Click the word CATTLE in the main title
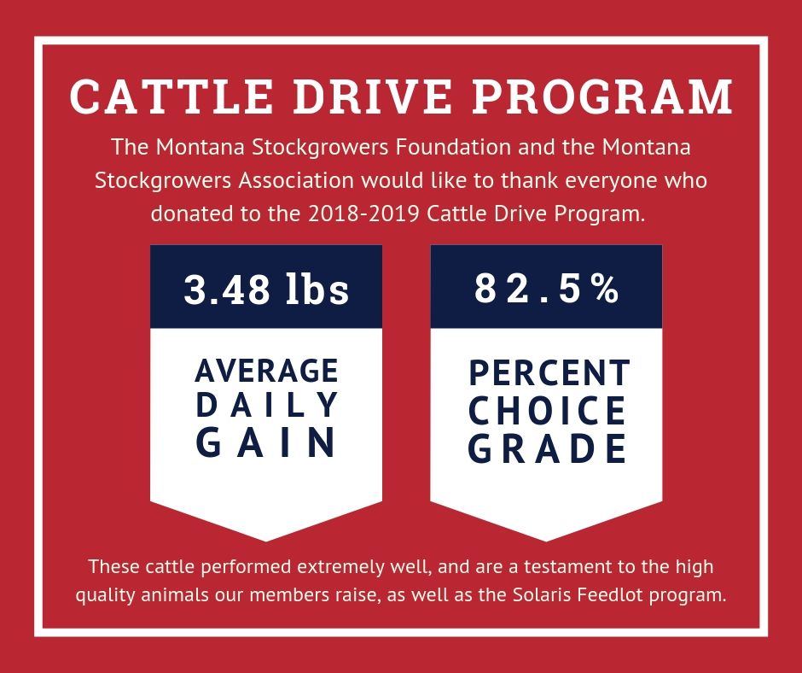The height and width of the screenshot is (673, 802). (x=171, y=97)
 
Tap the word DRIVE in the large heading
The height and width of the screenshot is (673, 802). (x=372, y=97)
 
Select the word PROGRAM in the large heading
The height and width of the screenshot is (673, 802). (x=602, y=97)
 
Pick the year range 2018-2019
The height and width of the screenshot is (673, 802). (x=364, y=214)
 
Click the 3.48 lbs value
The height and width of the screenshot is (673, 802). (x=266, y=289)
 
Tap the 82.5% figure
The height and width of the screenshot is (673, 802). (x=547, y=289)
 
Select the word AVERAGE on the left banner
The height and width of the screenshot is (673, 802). (x=266, y=371)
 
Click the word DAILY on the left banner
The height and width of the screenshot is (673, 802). (x=266, y=405)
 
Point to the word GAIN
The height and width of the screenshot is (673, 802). (x=266, y=442)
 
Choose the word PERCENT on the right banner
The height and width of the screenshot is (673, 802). (x=549, y=373)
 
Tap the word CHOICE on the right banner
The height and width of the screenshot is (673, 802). (x=547, y=410)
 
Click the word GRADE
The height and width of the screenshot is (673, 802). (x=547, y=448)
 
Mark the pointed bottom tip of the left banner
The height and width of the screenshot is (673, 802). (x=266, y=541)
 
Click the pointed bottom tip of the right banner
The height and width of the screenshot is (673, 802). (x=546, y=541)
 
